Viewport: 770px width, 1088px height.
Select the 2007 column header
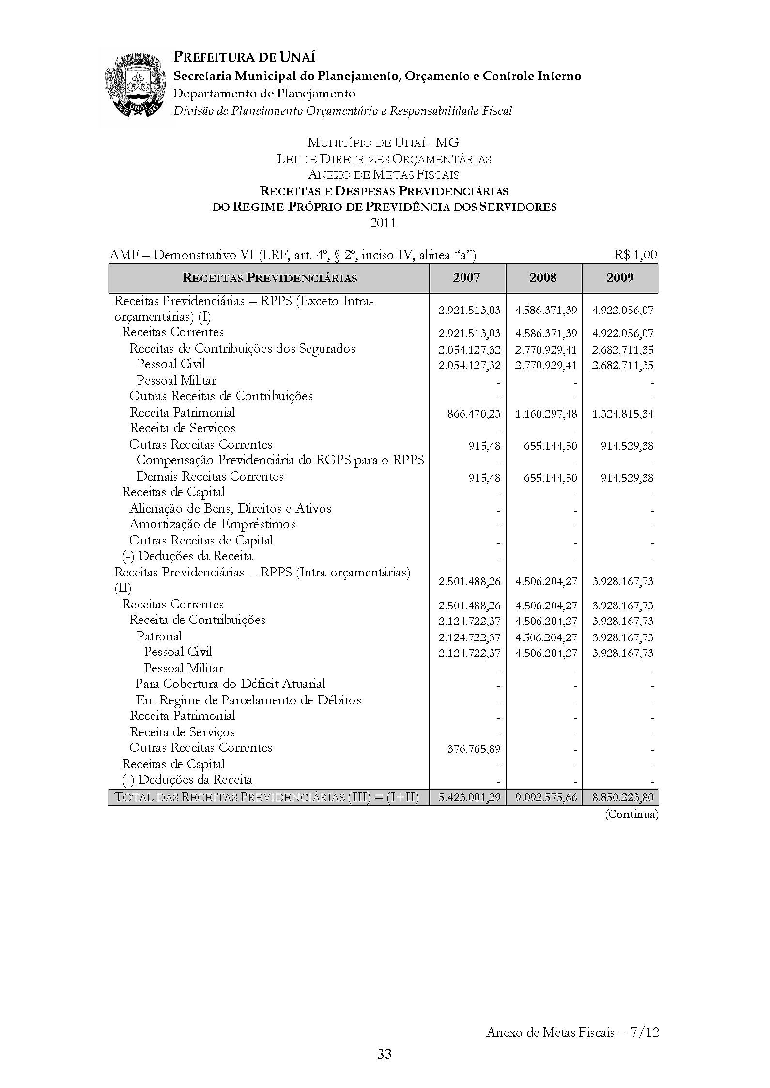pos(467,278)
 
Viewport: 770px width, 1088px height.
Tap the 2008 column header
pos(543,278)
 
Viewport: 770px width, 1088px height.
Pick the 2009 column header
pos(620,278)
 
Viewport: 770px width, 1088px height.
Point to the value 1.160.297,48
pos(546,414)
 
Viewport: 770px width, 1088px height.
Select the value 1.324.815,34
pos(623,414)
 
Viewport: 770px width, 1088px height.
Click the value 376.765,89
pos(474,749)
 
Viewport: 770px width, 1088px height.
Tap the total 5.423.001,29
pos(469,797)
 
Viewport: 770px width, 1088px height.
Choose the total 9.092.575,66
pos(546,797)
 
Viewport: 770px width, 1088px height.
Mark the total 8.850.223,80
pos(623,797)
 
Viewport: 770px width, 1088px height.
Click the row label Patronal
pos(159,637)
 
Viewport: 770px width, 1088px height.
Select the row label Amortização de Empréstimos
pos(212,524)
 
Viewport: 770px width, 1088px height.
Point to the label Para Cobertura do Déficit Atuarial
pos(231,684)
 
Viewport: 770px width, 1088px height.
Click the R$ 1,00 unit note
pos(636,255)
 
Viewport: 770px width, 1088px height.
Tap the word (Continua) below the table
pos(632,814)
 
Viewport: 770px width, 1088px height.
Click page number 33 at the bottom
pos(385,1054)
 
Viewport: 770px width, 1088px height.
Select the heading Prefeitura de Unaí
pos(245,57)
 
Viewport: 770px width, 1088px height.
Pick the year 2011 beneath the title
pos(384,223)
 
